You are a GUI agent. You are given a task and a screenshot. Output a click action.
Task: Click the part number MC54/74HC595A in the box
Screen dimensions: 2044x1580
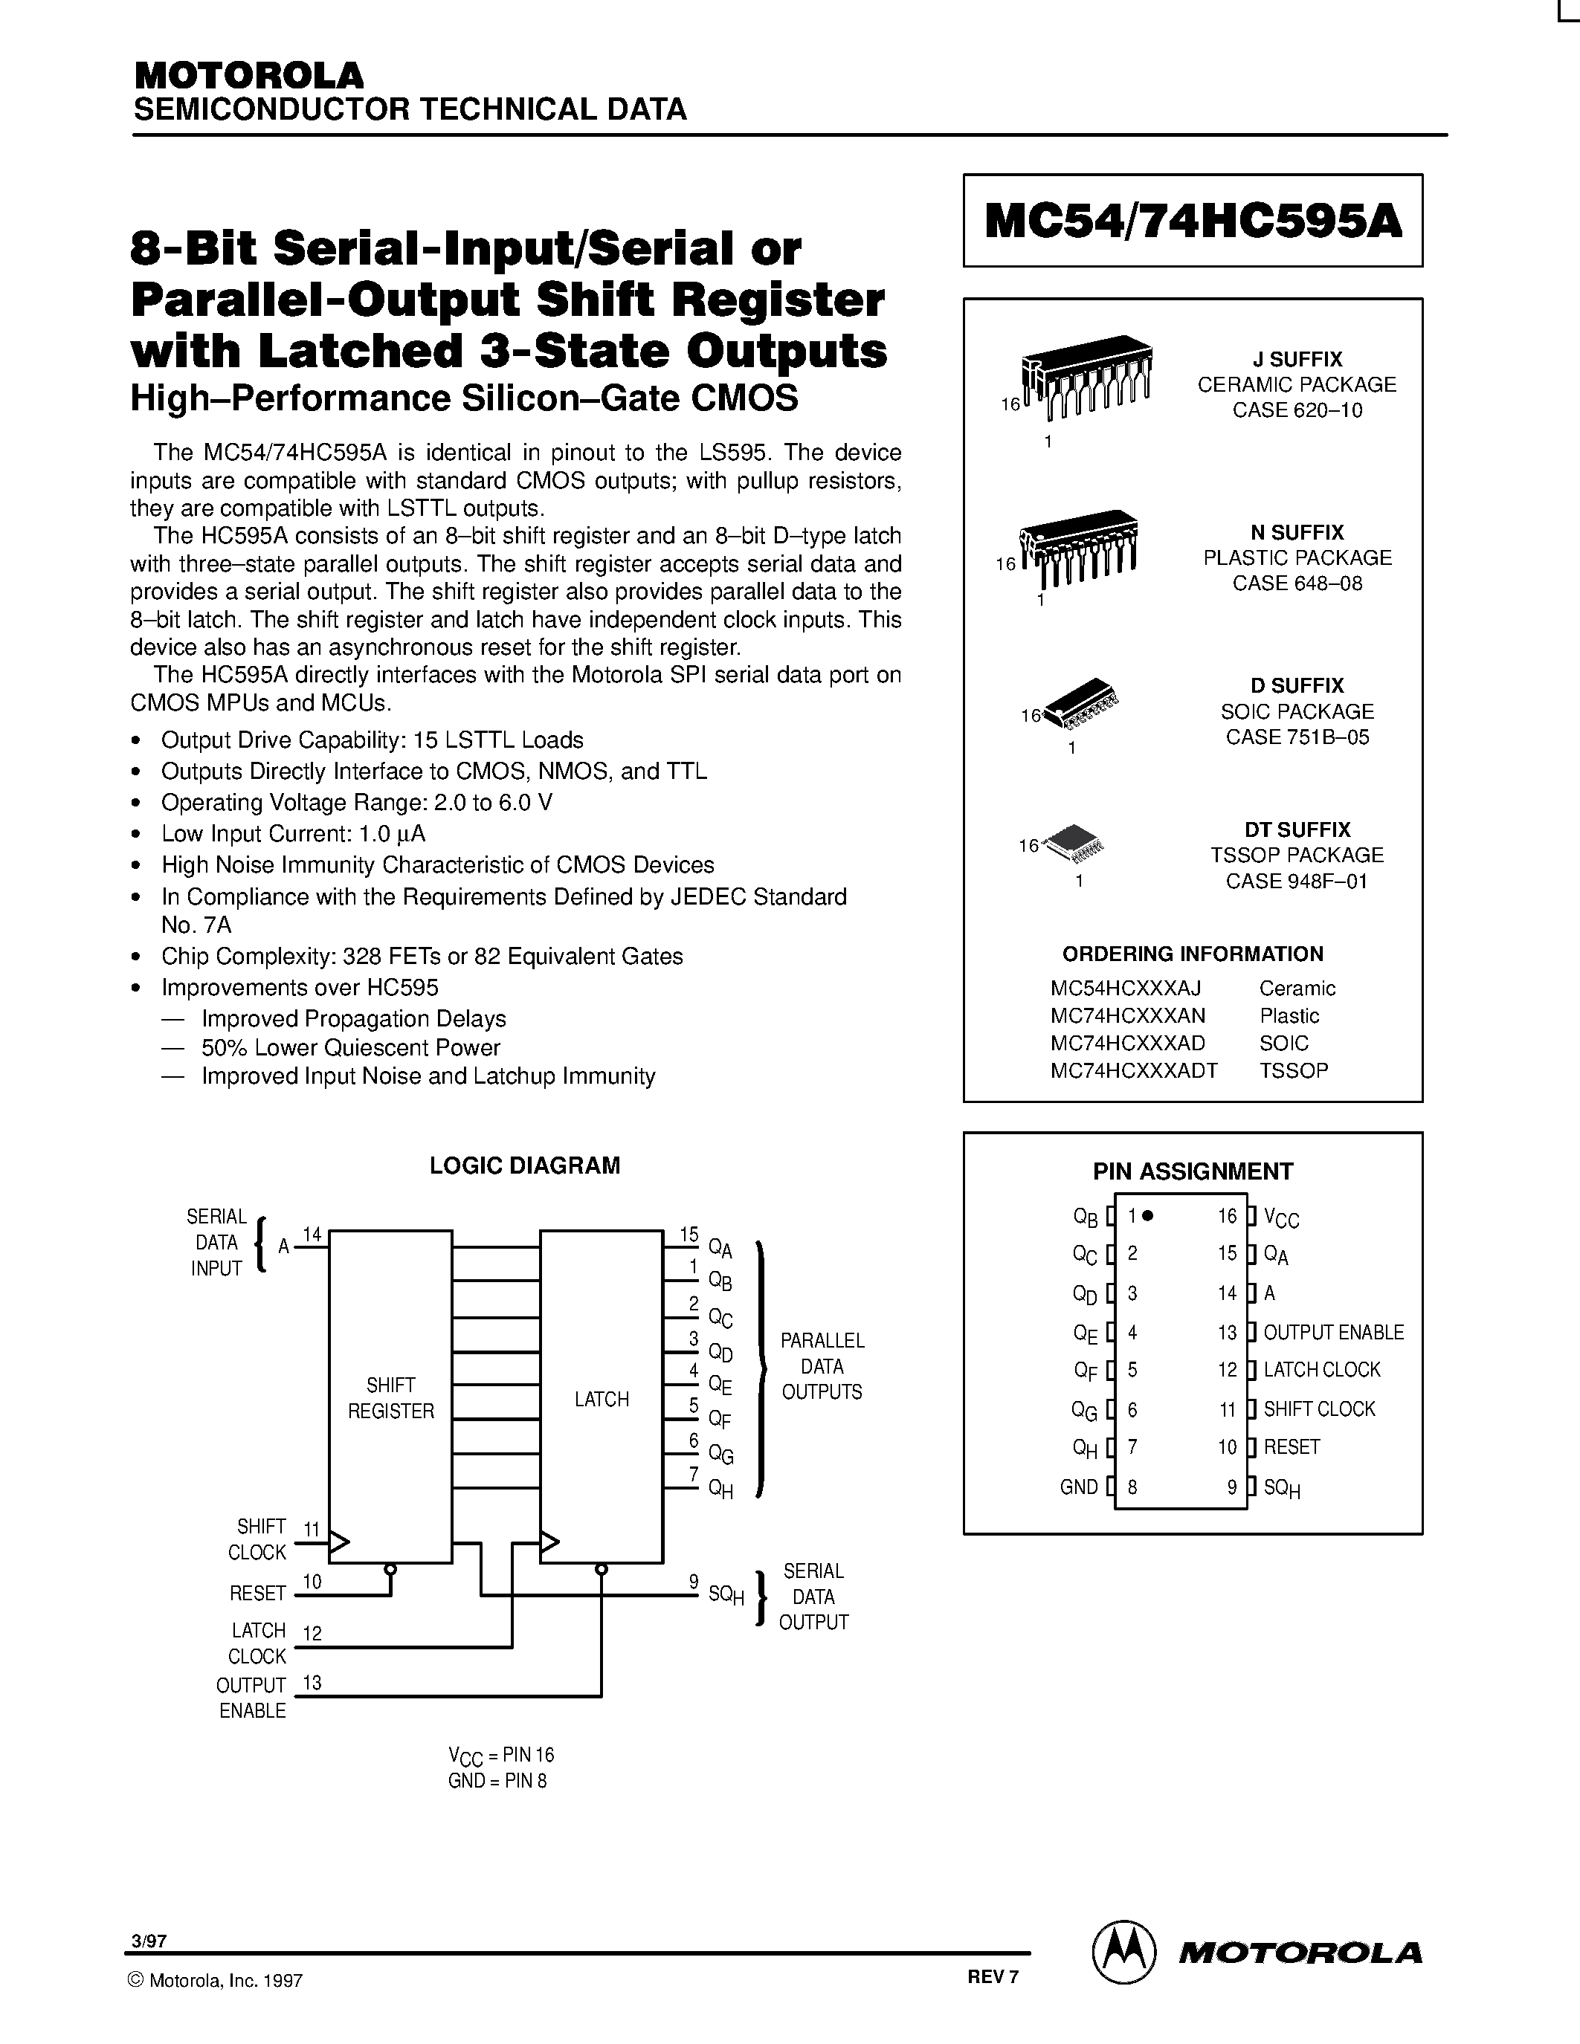(x=1193, y=221)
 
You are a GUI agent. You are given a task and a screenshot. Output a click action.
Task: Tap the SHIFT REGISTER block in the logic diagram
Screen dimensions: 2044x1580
(x=390, y=1398)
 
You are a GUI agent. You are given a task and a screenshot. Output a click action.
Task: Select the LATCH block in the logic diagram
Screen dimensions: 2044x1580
(x=601, y=1398)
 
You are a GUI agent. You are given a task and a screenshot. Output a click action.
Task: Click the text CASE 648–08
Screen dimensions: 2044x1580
(x=1297, y=583)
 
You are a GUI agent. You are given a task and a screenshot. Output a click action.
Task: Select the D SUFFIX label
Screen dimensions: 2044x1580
(x=1297, y=685)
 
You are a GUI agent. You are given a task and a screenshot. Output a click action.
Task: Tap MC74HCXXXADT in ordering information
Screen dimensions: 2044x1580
(x=1134, y=1070)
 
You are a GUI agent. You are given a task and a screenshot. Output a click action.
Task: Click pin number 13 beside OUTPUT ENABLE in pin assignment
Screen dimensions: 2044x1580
(x=1227, y=1332)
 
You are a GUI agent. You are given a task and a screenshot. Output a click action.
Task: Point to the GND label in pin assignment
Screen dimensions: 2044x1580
(x=1078, y=1487)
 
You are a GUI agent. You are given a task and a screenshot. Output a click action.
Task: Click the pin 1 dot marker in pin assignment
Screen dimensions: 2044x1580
(x=1149, y=1216)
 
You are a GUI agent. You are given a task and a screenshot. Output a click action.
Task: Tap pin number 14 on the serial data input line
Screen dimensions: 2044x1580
(x=312, y=1235)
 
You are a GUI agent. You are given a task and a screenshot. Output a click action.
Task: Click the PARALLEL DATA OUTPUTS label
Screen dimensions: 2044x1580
(x=822, y=1365)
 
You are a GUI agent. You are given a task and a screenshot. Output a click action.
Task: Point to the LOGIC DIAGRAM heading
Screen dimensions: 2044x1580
(x=524, y=1165)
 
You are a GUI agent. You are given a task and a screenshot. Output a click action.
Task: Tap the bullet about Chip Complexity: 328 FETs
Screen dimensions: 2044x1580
(x=421, y=957)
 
